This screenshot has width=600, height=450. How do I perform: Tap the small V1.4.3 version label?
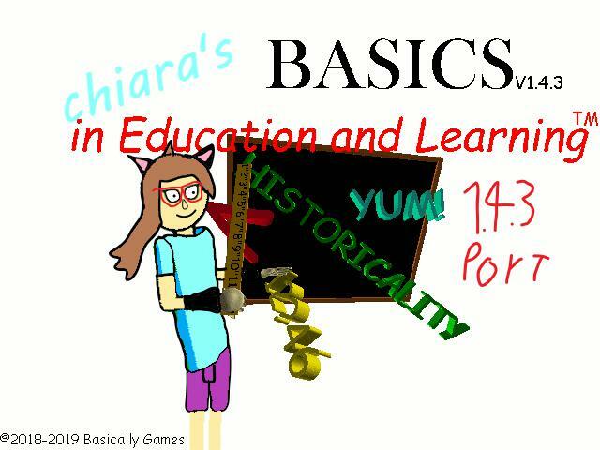pos(537,83)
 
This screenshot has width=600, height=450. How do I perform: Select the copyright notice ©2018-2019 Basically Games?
pos(93,439)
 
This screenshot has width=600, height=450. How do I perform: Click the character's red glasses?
pos(179,195)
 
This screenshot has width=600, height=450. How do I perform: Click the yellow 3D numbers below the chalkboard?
pos(297,328)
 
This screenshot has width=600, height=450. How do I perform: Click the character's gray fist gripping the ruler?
pos(232,299)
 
